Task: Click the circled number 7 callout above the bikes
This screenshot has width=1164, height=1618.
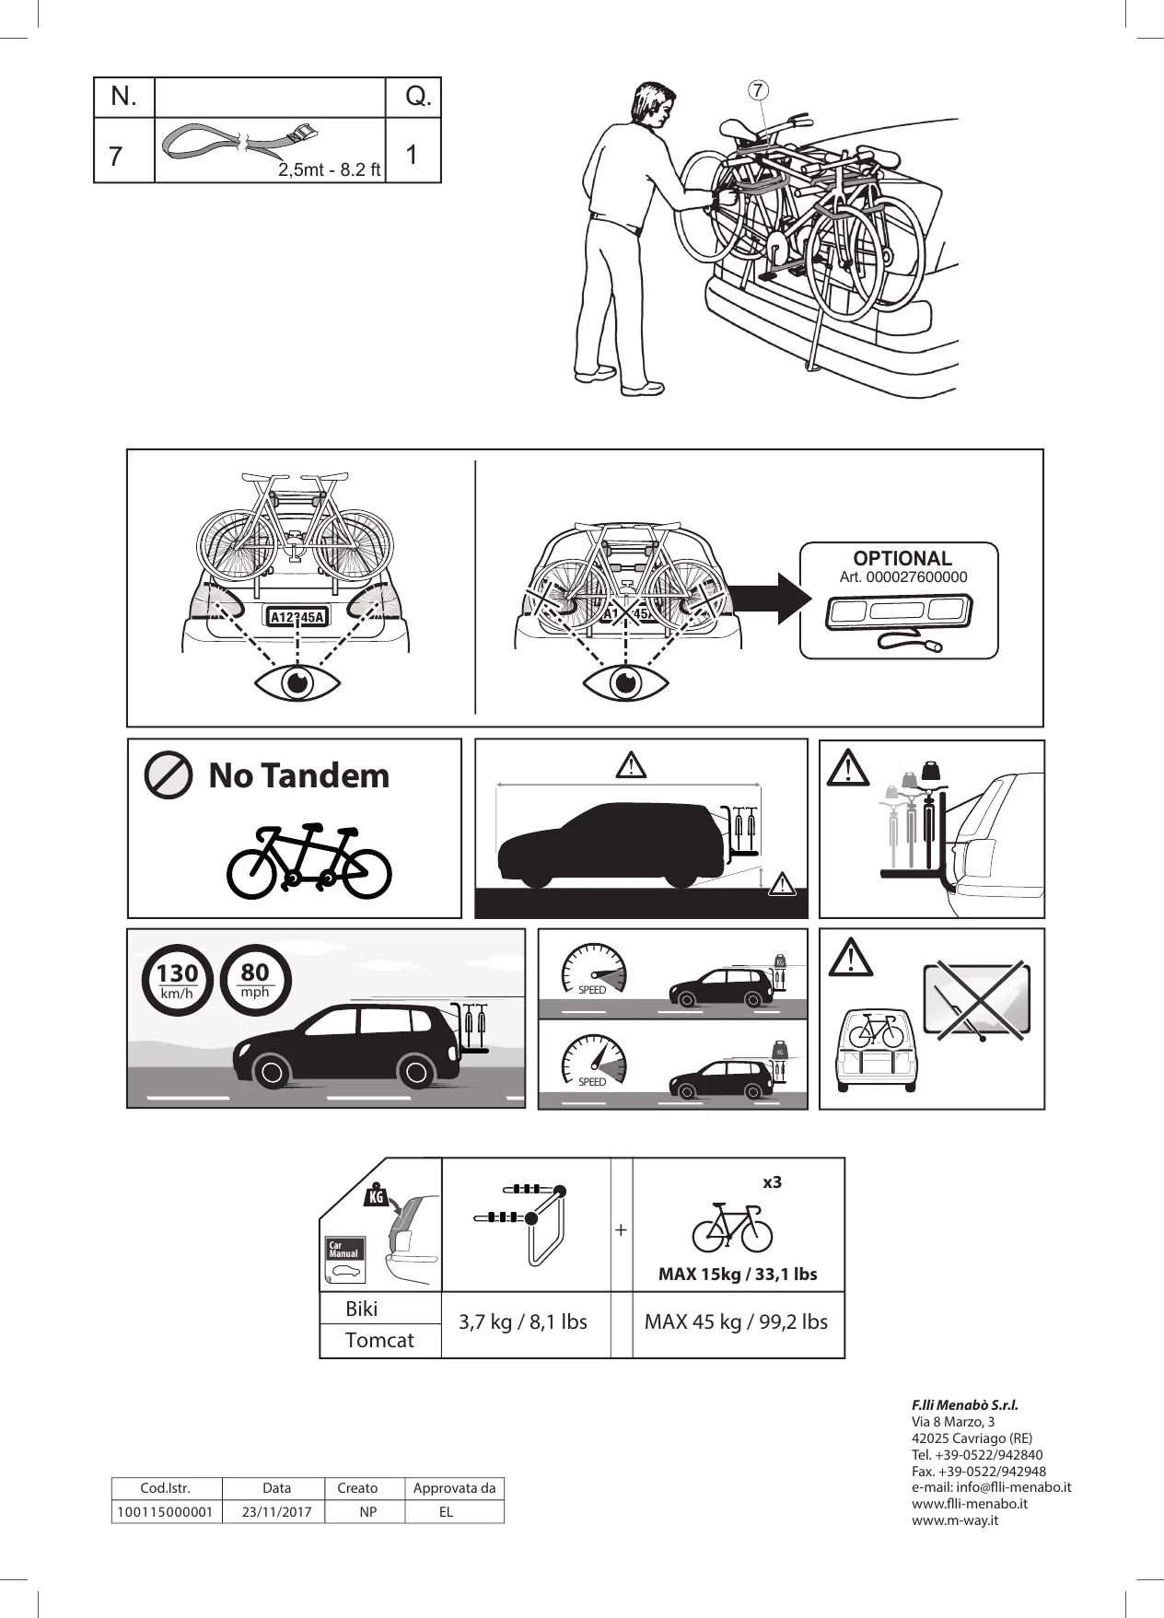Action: pyautogui.click(x=757, y=89)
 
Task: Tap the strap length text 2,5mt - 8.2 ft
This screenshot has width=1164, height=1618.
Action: pyautogui.click(x=330, y=170)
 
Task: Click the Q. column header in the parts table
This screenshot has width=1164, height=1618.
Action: pyautogui.click(x=418, y=97)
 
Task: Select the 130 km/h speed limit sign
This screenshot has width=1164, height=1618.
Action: pyautogui.click(x=177, y=979)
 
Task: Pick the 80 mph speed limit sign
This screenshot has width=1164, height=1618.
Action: pyautogui.click(x=255, y=979)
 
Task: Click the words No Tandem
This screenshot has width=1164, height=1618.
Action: pyautogui.click(x=299, y=775)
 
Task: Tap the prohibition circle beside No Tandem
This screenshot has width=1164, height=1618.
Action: pyautogui.click(x=169, y=775)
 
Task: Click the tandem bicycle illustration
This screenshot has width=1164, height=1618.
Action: pyautogui.click(x=309, y=861)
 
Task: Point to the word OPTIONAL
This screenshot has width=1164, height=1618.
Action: pyautogui.click(x=902, y=558)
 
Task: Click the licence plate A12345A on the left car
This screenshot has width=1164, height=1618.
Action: pyautogui.click(x=297, y=616)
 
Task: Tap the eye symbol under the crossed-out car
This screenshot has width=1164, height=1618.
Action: pyautogui.click(x=626, y=683)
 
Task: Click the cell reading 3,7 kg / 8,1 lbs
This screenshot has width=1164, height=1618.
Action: pyautogui.click(x=523, y=1322)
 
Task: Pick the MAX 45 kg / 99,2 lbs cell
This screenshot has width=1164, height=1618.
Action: pyautogui.click(x=736, y=1322)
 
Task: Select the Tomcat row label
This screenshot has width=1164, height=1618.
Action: pyautogui.click(x=379, y=1341)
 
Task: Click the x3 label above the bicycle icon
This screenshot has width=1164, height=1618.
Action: pyautogui.click(x=772, y=1181)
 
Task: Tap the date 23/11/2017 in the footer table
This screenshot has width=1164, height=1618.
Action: pyautogui.click(x=277, y=1512)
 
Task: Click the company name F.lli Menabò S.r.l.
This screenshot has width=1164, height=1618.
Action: pyautogui.click(x=964, y=1405)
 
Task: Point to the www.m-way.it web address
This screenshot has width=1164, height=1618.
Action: pyautogui.click(x=955, y=1520)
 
